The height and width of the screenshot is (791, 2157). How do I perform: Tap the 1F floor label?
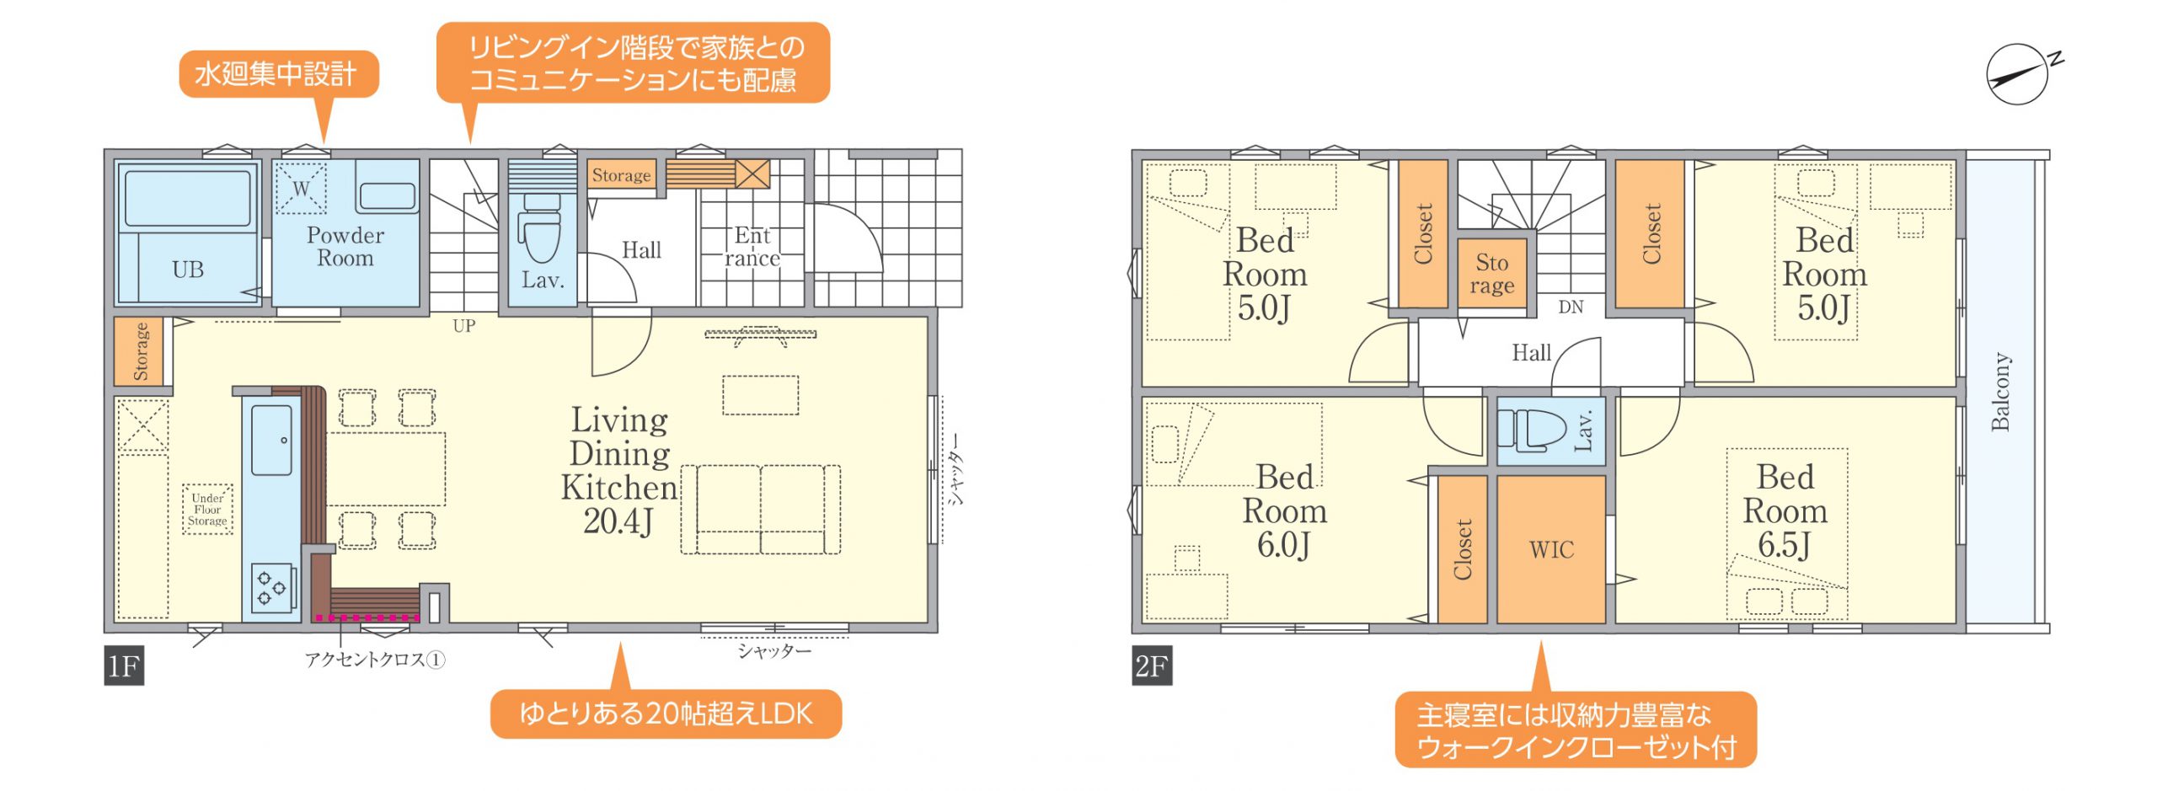pos(124,666)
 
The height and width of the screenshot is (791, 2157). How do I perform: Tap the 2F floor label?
pos(1152,666)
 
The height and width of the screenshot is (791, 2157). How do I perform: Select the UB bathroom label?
pos(188,270)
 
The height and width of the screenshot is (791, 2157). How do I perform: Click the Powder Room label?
pos(345,247)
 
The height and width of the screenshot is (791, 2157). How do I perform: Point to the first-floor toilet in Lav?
pos(539,228)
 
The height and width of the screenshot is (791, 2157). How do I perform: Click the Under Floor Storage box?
pos(208,510)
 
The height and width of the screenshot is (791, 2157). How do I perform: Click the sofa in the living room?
pos(761,510)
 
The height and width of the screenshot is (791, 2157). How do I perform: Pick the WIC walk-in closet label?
pos(1551,550)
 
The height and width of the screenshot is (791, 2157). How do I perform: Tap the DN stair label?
pos(1571,307)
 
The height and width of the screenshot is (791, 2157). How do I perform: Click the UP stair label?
pos(464,326)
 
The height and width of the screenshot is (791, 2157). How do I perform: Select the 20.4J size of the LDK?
pos(618,521)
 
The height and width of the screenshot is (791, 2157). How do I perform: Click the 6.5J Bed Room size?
pos(1785,545)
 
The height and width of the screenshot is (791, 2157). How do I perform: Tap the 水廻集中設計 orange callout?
pos(279,74)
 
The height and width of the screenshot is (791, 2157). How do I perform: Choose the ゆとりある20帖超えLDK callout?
pos(666,714)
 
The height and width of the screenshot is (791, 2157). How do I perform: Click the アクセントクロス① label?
pos(375,660)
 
